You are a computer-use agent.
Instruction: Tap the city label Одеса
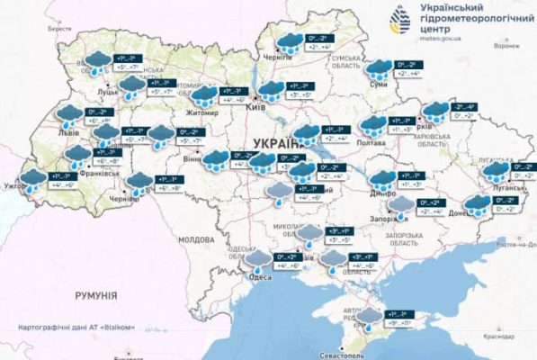click(x=260, y=276)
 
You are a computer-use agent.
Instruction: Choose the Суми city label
click(x=380, y=84)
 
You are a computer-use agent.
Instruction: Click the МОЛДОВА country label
click(x=195, y=240)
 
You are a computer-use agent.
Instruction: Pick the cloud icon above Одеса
click(x=259, y=260)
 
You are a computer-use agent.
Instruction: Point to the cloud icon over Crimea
click(x=367, y=316)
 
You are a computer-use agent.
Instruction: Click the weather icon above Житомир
click(x=204, y=95)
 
